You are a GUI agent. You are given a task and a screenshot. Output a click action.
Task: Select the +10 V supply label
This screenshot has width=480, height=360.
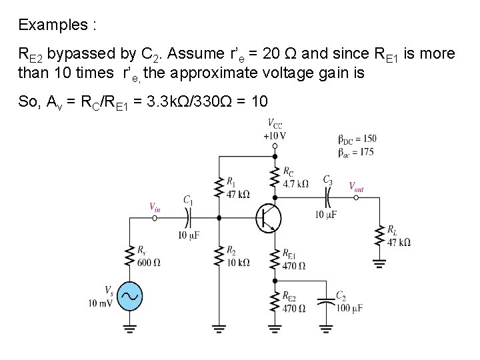[x=274, y=135]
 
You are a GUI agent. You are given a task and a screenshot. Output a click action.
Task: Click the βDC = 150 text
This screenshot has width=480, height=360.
[x=357, y=139]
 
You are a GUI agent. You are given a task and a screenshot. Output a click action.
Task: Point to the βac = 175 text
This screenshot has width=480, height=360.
[x=357, y=152]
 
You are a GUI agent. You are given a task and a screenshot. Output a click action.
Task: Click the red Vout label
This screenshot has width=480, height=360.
[x=357, y=187]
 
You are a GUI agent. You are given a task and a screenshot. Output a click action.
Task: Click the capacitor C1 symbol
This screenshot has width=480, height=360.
[x=187, y=217]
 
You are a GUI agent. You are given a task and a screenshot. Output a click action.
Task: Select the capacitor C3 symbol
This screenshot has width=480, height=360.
[x=327, y=197]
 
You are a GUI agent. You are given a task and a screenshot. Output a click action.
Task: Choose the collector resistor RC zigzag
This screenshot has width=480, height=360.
[x=274, y=177]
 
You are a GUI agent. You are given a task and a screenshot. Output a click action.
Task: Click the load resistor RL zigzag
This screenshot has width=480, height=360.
[x=379, y=235]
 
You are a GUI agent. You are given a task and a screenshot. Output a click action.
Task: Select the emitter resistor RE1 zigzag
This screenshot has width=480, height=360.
[x=274, y=259]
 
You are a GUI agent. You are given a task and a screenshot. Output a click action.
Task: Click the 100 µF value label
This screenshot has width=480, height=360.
[x=349, y=308]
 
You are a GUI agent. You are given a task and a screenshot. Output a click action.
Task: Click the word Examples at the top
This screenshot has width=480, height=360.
[x=56, y=26]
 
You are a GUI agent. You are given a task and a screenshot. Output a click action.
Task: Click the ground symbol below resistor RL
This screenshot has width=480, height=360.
[x=379, y=263]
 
